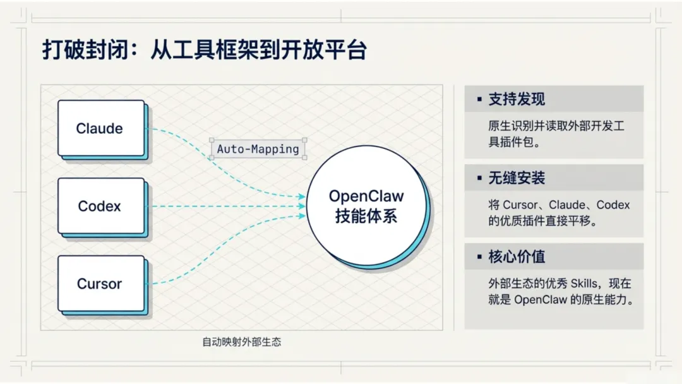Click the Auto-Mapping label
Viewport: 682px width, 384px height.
coord(258,150)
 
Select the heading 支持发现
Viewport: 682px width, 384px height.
coord(517,99)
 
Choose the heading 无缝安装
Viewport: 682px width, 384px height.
coord(517,178)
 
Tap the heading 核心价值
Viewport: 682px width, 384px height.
coord(517,257)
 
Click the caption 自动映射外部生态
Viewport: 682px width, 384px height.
coord(241,342)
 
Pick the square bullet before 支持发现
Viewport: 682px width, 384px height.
coord(479,100)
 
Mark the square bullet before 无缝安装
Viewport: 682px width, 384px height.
coord(479,179)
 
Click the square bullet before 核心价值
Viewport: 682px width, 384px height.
coord(479,258)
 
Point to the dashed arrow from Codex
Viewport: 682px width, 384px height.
coord(227,206)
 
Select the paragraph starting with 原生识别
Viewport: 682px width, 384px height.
coord(556,134)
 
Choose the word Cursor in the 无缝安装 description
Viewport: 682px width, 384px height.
coord(519,205)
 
